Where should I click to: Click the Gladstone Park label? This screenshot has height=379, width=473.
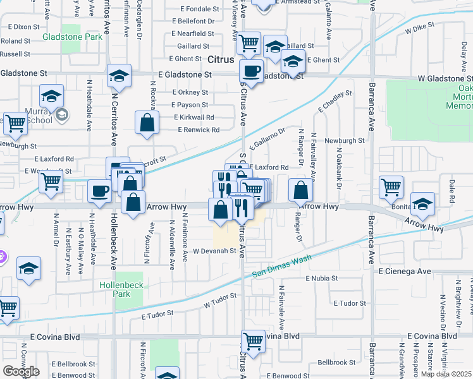72,37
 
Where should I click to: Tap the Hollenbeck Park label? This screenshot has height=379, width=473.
121,289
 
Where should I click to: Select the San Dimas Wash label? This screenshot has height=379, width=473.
282,266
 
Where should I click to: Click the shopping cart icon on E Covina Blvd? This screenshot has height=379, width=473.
254,341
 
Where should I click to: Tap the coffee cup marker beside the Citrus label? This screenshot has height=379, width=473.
251,71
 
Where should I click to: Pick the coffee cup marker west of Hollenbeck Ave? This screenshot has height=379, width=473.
99,191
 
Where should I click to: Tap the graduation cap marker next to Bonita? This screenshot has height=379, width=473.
422,203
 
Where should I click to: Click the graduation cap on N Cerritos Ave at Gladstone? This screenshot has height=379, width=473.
118,76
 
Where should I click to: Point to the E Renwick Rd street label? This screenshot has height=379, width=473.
199,129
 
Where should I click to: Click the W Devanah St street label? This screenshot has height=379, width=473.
214,251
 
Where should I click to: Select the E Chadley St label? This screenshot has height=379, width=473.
335,102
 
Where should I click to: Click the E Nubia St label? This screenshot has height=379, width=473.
322,278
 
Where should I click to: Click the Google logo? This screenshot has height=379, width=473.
21,371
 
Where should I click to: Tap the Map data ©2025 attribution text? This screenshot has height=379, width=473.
446,374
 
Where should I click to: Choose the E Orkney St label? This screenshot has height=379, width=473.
190,92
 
